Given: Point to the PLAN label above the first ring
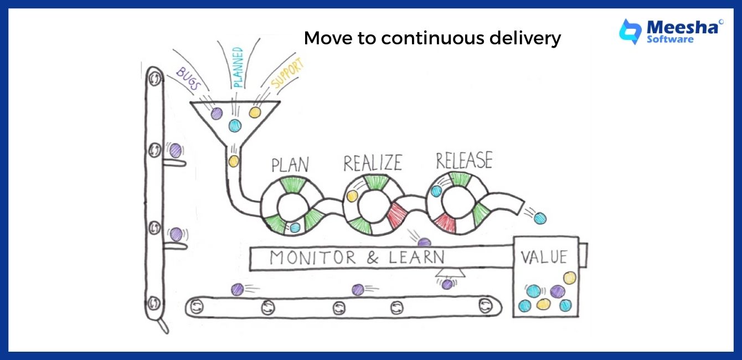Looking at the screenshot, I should [x=290, y=165].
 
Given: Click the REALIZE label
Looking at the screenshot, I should [x=372, y=163].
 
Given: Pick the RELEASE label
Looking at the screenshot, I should [x=463, y=161].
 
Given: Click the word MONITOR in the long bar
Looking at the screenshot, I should [x=313, y=258].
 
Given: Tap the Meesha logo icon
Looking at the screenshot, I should [x=630, y=31].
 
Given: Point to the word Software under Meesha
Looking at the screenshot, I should [x=670, y=39].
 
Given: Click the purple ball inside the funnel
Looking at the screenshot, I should [x=217, y=114].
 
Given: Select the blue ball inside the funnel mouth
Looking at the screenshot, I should [x=235, y=125].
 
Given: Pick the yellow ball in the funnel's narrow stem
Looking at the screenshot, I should [x=234, y=161].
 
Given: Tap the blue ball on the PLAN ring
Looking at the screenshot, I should [x=295, y=227].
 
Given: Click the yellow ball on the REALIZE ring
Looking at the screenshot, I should [x=351, y=196].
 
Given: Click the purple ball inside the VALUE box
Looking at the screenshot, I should [x=558, y=291].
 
